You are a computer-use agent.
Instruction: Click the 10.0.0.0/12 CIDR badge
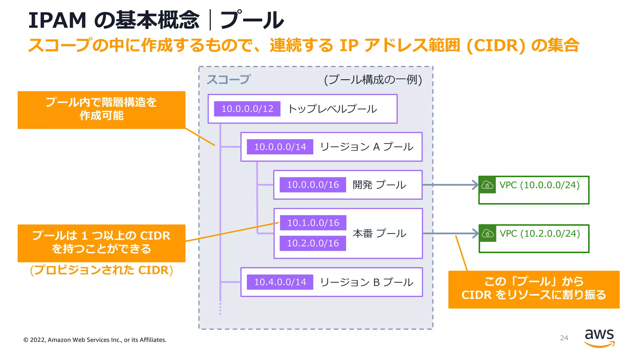[247, 109]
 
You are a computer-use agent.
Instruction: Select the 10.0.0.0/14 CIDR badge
[280, 147]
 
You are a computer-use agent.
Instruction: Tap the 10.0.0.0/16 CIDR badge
[313, 185]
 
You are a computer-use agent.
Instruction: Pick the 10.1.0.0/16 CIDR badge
[313, 223]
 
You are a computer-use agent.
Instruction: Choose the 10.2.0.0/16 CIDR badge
[313, 243]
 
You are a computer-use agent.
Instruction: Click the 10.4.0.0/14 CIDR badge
[280, 282]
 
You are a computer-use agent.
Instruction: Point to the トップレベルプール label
[332, 109]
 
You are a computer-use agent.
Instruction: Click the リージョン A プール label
[367, 147]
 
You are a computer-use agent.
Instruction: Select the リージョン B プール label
[367, 282]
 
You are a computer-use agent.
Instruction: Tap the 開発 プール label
[379, 185]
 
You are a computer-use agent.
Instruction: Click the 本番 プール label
[379, 233]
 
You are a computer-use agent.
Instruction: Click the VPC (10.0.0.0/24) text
[540, 185]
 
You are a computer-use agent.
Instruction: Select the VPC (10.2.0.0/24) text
[540, 233]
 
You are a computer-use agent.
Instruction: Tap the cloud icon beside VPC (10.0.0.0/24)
[487, 185]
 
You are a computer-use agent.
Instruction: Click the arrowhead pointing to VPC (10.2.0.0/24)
[475, 233]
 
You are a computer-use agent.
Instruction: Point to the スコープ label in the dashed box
[229, 79]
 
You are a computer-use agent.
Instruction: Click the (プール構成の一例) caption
[373, 80]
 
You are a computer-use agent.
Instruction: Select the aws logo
[599, 338]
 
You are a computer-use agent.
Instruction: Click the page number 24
[564, 338]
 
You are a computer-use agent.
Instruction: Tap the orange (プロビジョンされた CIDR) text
[102, 270]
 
